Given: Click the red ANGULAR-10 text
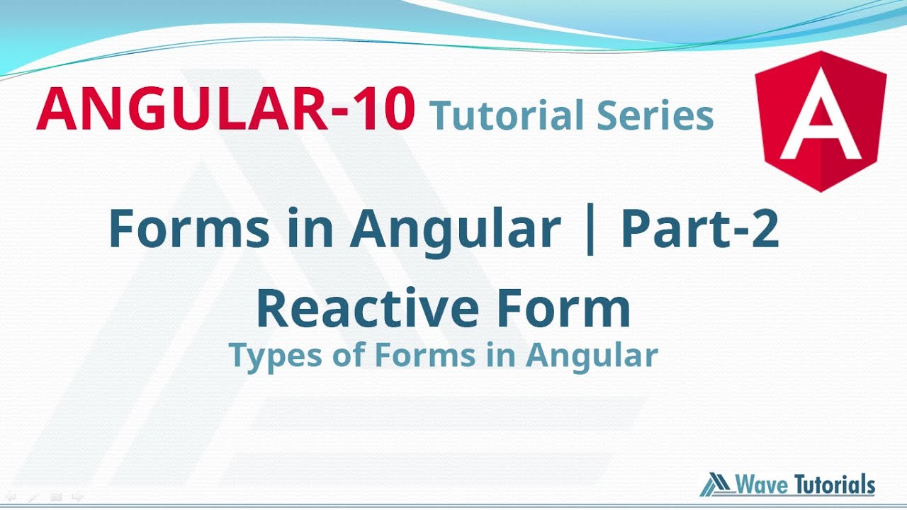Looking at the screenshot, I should pyautogui.click(x=225, y=110).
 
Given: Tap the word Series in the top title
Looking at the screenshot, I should pyautogui.click(x=655, y=115).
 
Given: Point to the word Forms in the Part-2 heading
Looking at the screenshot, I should pyautogui.click(x=189, y=228).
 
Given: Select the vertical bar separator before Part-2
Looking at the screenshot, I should pyautogui.click(x=592, y=229).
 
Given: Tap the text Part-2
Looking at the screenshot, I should pyautogui.click(x=700, y=228).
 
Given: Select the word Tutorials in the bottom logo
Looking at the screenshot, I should pyautogui.click(x=835, y=485).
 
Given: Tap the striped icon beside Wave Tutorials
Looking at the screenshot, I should pyautogui.click(x=716, y=484).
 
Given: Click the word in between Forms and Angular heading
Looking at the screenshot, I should pyautogui.click(x=312, y=228).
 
